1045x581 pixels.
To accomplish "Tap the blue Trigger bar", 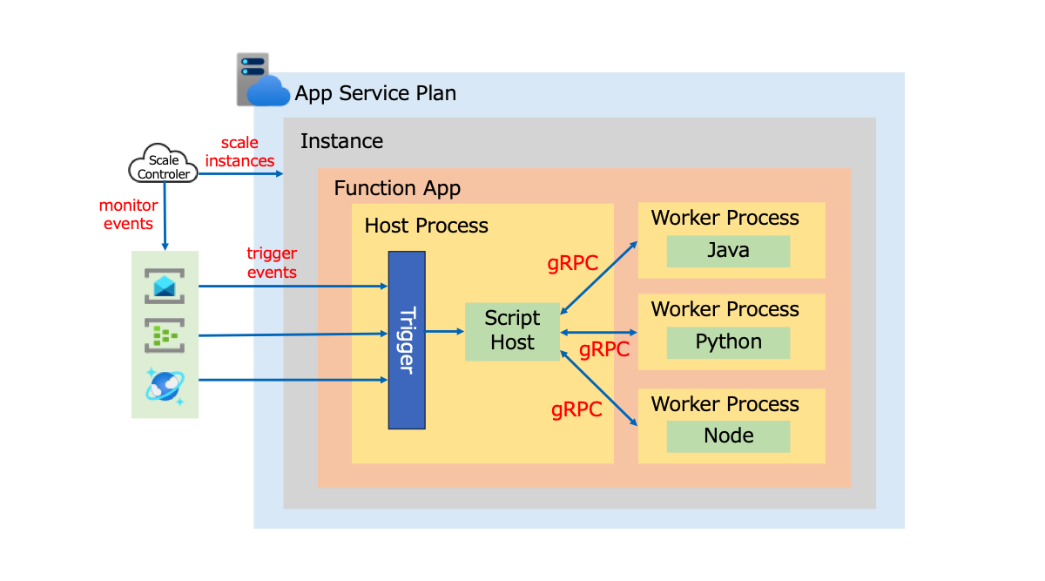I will [x=407, y=340].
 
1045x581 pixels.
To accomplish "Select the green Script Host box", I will [x=512, y=331].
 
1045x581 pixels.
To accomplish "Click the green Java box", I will [x=728, y=251].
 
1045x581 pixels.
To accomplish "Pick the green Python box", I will [x=728, y=342].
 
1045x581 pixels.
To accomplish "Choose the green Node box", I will [x=728, y=436].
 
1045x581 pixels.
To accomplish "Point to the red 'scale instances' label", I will [x=239, y=152].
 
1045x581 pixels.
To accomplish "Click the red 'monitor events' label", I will [x=128, y=214].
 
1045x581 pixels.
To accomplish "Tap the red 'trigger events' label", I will [x=272, y=263].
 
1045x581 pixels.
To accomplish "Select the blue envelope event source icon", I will [x=165, y=287].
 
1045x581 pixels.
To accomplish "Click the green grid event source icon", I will [x=165, y=335].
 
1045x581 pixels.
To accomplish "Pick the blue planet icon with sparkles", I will [x=165, y=385].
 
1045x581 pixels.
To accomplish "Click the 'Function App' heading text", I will [x=397, y=188].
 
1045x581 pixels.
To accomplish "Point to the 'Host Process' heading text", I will [x=426, y=226].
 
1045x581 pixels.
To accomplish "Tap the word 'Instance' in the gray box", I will [x=341, y=141].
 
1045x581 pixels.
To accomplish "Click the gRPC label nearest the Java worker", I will [x=572, y=263].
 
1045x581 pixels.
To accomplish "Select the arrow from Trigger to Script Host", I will [x=444, y=331].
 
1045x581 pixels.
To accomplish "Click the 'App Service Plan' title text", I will [x=375, y=93].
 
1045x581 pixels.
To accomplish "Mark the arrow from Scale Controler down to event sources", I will [x=165, y=218].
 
